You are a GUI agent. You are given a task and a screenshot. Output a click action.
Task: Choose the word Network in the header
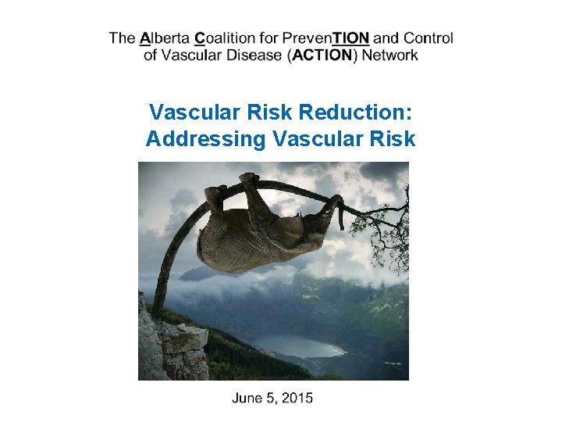click(389, 55)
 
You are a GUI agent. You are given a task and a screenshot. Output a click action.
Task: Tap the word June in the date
click(248, 398)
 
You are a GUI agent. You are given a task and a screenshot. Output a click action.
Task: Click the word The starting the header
click(123, 38)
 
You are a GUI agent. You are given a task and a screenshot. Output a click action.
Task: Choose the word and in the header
click(387, 38)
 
